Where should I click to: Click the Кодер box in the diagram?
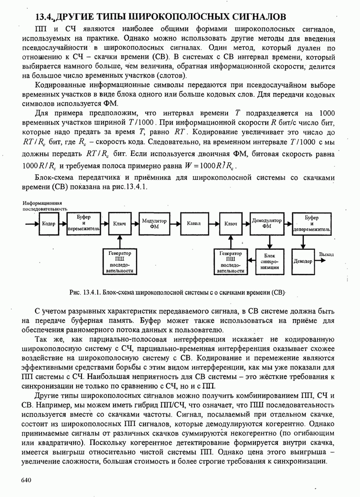click(x=48, y=223)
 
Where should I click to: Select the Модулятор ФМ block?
click(x=154, y=223)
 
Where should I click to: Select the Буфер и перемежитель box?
click(x=84, y=223)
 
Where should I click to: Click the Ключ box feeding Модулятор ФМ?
click(x=120, y=223)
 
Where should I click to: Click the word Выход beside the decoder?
click(x=327, y=254)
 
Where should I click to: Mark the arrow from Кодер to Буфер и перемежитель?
click(x=63, y=223)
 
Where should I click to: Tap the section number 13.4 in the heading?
click(x=44, y=17)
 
